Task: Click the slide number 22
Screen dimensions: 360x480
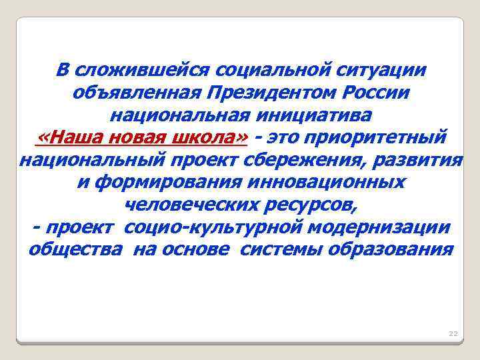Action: click(453, 333)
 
